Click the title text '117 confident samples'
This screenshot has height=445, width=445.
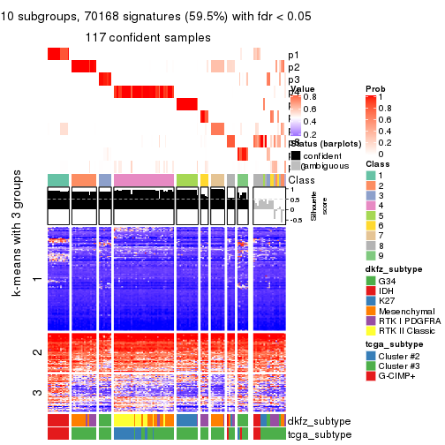pyautogui.click(x=147, y=37)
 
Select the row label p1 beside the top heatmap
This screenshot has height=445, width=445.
pyautogui.click(x=293, y=55)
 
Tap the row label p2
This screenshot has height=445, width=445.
pyautogui.click(x=293, y=67)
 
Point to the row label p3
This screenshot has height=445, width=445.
pyautogui.click(x=293, y=79)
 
